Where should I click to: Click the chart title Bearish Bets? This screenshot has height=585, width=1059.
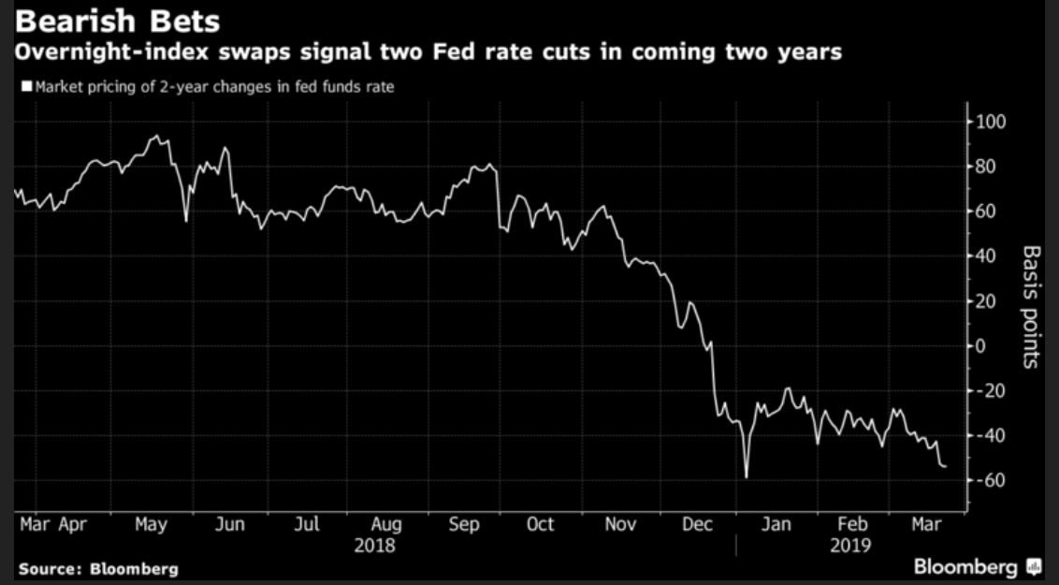[x=113, y=21]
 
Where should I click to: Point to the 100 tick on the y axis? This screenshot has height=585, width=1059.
[x=989, y=122]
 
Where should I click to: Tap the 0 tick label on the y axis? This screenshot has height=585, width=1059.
[x=982, y=346]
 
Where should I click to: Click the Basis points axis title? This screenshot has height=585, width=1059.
[x=1031, y=307]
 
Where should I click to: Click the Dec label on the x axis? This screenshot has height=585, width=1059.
[x=697, y=526]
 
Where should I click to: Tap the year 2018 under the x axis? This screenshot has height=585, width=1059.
[x=374, y=545]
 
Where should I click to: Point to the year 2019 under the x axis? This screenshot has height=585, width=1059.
[x=851, y=545]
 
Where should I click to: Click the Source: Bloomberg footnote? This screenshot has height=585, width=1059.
[x=97, y=568]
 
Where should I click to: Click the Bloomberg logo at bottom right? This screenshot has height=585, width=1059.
[x=977, y=567]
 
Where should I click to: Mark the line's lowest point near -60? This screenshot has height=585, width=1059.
[x=747, y=477]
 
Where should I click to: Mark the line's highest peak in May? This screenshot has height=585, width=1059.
[x=155, y=137]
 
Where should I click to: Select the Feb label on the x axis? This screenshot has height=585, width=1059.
[x=852, y=526]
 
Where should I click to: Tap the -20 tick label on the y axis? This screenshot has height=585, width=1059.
[x=987, y=391]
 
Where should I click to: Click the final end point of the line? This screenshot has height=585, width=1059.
[x=945, y=466]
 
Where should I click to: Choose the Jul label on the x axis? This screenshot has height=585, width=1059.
[x=307, y=526]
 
